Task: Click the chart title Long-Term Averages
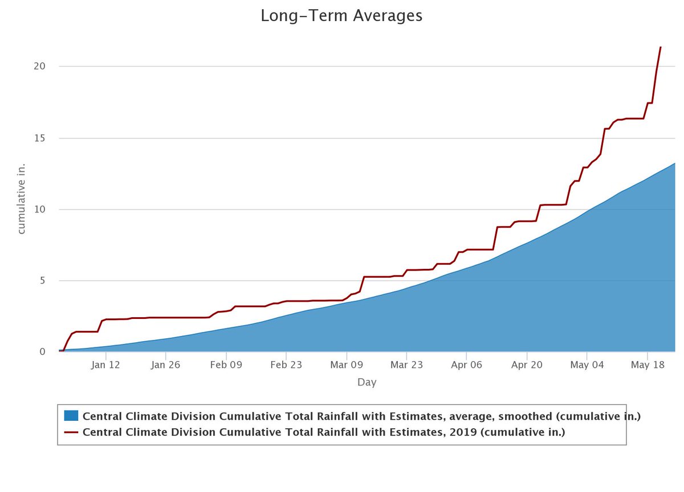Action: click(x=341, y=15)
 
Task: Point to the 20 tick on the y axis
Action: click(x=39, y=66)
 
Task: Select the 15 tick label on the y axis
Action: click(x=39, y=138)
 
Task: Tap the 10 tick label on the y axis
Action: click(x=39, y=210)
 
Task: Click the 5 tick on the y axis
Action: click(x=42, y=281)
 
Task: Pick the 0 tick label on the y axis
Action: click(x=42, y=352)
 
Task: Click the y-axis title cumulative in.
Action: click(x=22, y=209)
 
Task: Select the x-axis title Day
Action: click(x=367, y=383)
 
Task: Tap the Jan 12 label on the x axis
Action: click(x=105, y=365)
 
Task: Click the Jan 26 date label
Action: click(x=165, y=365)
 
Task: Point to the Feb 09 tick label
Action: click(x=226, y=365)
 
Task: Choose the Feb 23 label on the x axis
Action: click(x=286, y=365)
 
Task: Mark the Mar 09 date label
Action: click(x=346, y=365)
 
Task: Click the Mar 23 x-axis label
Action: click(x=406, y=365)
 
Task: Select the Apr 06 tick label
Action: click(x=466, y=365)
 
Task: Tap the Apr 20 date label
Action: click(x=527, y=365)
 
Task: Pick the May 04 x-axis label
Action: click(x=587, y=365)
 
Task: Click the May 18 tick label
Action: click(x=647, y=365)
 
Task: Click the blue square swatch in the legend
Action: click(x=71, y=416)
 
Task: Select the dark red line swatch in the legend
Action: click(x=71, y=432)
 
